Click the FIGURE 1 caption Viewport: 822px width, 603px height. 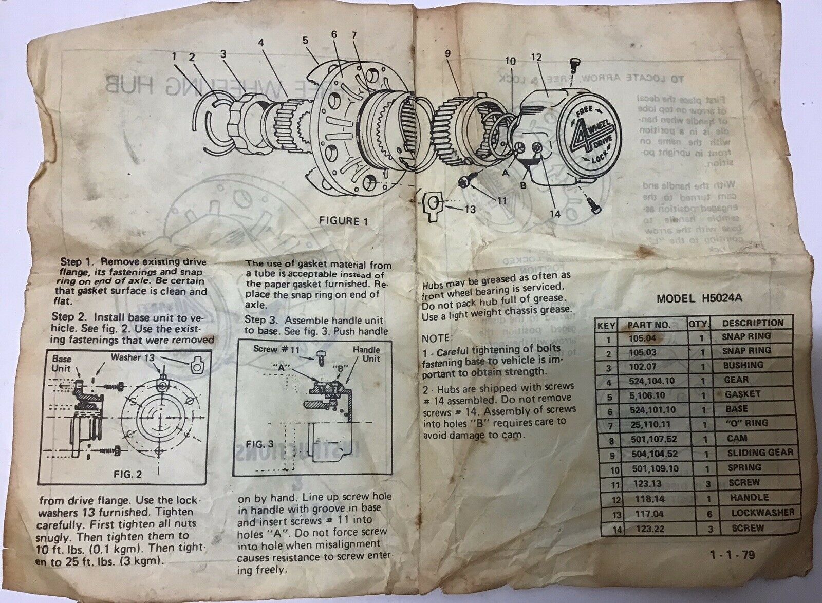(x=344, y=221)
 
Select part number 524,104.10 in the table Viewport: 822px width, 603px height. (x=651, y=381)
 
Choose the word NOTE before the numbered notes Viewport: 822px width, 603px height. (x=436, y=338)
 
